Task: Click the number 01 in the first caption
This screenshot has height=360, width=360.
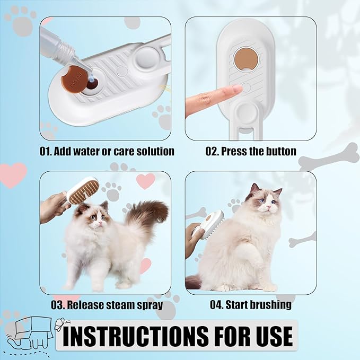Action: point(46,152)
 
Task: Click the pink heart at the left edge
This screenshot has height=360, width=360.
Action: point(12,173)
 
